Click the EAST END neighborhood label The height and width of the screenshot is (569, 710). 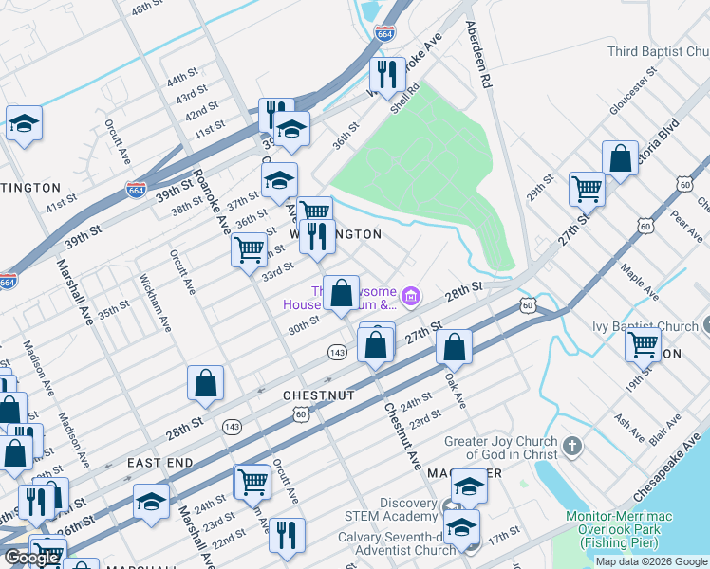coord(160,462)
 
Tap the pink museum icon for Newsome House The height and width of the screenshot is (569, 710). coord(410,298)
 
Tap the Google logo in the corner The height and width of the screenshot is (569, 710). coord(31,557)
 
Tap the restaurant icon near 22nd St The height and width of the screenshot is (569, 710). coord(287,534)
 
